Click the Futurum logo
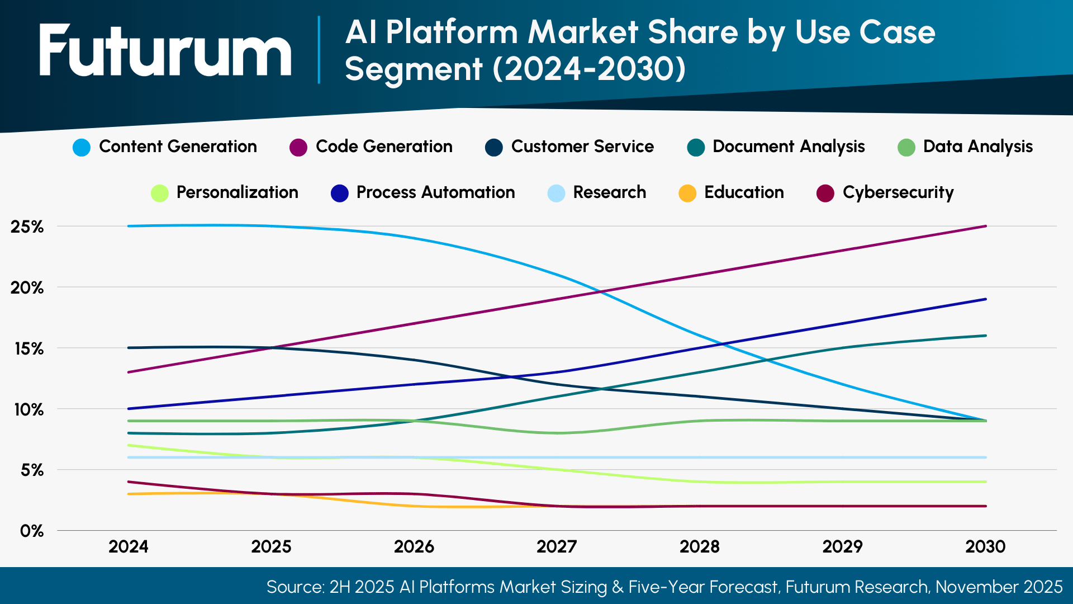165,50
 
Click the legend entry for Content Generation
165,147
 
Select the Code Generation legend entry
371,147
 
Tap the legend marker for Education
687,194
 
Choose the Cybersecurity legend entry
885,193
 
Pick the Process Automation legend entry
422,193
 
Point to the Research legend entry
597,193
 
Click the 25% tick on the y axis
27,226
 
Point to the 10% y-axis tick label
29,409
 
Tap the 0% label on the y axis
32,531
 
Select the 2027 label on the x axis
557,546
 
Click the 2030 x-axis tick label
985,546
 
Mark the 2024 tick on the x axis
129,546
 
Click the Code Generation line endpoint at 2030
986,226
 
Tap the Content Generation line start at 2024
129,226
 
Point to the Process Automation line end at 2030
986,299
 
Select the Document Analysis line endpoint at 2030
986,336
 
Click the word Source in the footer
295,587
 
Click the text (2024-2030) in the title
589,69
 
